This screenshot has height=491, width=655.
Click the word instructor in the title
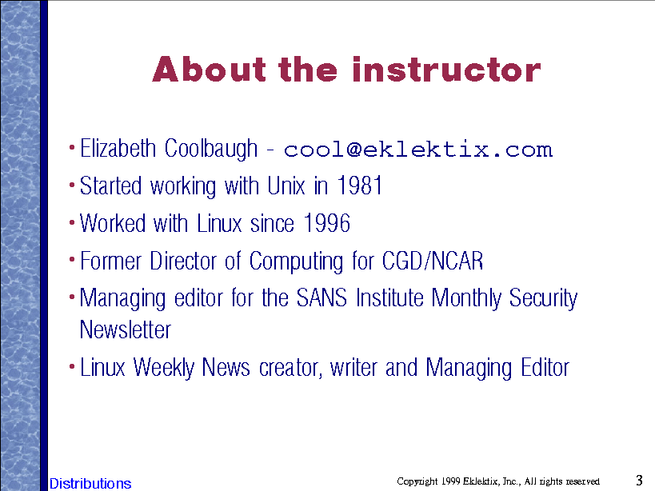pos(446,70)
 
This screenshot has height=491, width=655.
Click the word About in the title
pos(210,70)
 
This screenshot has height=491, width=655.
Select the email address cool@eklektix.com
pos(418,150)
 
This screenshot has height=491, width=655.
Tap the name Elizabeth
pos(118,148)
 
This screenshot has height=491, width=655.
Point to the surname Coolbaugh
pos(211,150)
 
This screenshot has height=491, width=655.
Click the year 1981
pos(360,186)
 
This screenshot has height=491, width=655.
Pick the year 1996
pos(326,223)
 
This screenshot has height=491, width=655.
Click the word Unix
pos(286,186)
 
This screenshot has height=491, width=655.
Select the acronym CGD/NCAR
pos(433,261)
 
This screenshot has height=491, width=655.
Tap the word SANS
pos(322,297)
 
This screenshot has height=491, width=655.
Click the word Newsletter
pos(126,329)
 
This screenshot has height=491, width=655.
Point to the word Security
pos(543,299)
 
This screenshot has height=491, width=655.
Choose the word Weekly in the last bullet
pos(164,368)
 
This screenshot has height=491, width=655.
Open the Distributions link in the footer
pos(90,484)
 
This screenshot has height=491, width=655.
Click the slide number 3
pos(639,480)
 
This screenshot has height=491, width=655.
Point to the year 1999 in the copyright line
pos(451,481)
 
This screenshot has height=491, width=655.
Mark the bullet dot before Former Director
pos(72,260)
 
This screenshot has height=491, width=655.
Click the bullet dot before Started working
pos(72,185)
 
